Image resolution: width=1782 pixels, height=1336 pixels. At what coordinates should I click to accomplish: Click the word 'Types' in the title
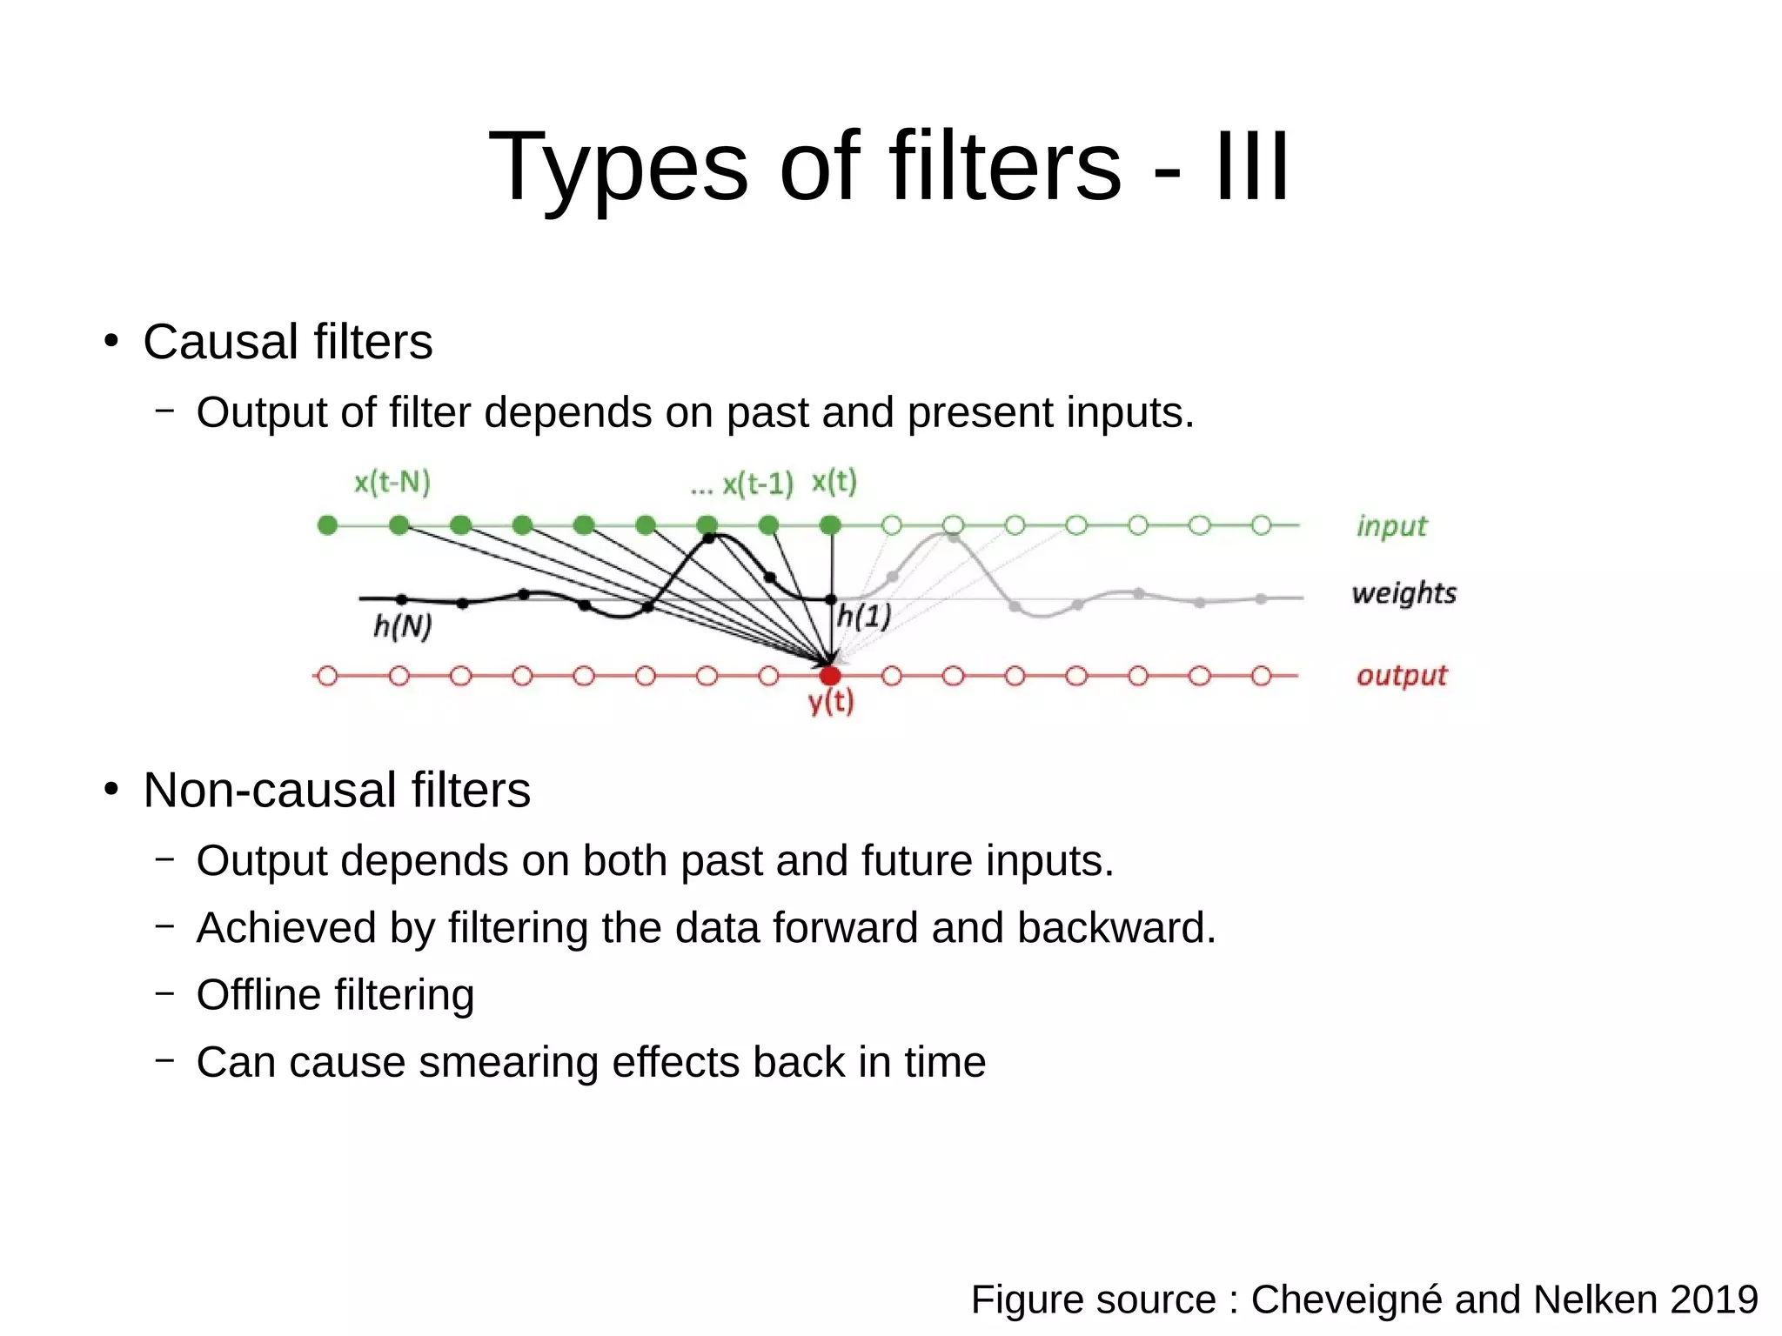(618, 167)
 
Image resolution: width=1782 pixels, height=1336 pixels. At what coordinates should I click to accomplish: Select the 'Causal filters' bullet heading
(287, 341)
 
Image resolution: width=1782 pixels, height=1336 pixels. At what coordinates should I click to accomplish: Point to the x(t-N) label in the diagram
(392, 482)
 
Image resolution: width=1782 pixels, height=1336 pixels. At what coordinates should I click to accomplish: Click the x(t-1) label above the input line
(757, 484)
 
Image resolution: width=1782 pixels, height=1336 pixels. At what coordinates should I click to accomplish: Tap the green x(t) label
(834, 481)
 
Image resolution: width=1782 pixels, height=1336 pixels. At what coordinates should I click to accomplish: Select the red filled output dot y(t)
(830, 676)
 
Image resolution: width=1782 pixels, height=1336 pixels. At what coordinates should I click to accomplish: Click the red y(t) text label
(831, 701)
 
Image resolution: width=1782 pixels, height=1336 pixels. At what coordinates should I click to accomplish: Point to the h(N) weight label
(402, 625)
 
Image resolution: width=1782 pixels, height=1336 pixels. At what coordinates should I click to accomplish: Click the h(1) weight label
(864, 617)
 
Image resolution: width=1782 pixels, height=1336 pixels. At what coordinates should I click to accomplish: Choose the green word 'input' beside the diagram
(1391, 526)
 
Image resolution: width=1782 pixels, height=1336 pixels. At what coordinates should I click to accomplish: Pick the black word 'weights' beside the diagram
(1403, 593)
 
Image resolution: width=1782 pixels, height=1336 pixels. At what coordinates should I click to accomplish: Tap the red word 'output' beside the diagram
(1401, 676)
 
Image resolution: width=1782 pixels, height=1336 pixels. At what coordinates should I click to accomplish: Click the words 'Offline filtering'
(335, 994)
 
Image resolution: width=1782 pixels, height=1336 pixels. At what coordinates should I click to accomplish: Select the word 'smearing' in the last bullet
(508, 1062)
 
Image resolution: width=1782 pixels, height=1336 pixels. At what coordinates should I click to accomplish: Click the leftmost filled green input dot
(327, 525)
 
